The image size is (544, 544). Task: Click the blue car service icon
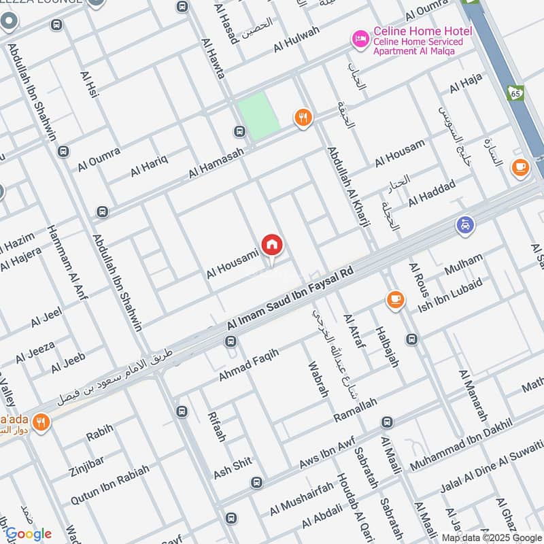pyautogui.click(x=465, y=225)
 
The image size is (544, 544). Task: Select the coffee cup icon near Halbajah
pyautogui.click(x=394, y=299)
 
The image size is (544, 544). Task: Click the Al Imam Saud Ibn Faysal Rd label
pyautogui.click(x=290, y=300)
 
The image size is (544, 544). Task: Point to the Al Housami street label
pyautogui.click(x=233, y=265)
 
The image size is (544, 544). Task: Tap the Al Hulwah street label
pyautogui.click(x=297, y=39)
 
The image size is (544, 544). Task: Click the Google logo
pyautogui.click(x=29, y=534)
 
